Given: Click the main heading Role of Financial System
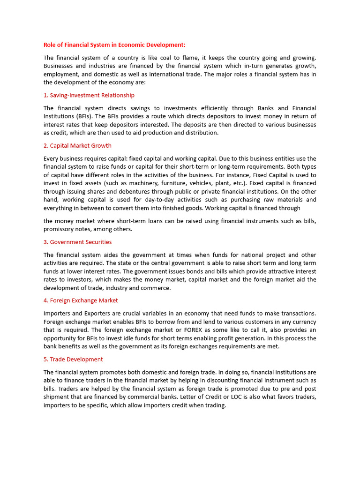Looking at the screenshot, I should (114, 45).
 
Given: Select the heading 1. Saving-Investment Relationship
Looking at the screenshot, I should (89, 95).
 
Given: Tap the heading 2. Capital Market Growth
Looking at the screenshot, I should (77, 146).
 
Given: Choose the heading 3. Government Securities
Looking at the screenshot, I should (77, 242).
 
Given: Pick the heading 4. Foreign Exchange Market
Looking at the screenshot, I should (81, 300).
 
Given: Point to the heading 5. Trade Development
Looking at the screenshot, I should (73, 359).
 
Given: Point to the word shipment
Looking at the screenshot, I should (57, 397).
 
